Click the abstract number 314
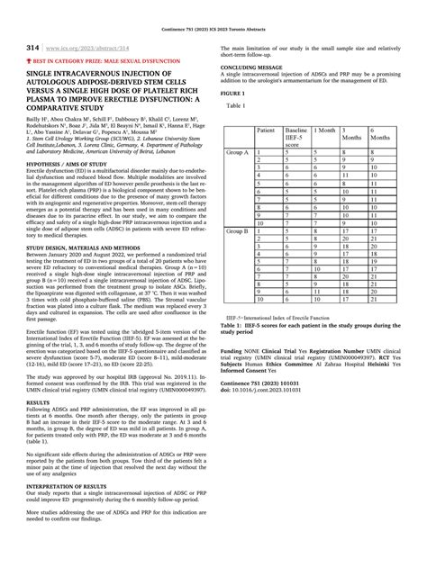31,47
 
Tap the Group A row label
238,153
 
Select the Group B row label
238,230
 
